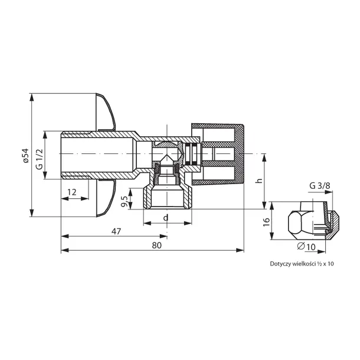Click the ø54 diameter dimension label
(26, 155)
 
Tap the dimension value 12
(72, 192)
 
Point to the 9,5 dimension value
(124, 201)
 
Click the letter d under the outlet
(166, 217)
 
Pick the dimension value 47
(116, 231)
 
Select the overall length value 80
(157, 246)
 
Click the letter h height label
(260, 181)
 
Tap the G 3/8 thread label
(320, 185)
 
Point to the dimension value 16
(266, 222)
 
